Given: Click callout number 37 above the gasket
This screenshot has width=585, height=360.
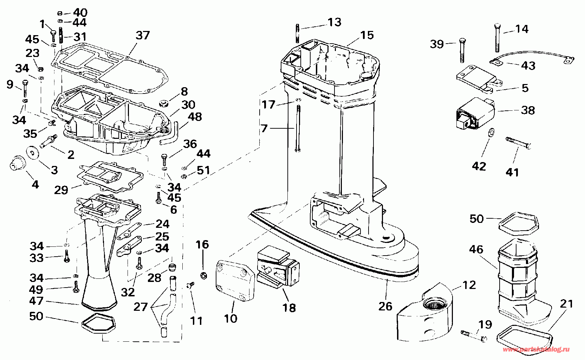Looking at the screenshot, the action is pos(143,35).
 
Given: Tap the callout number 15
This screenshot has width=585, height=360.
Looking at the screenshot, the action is pos(367,35).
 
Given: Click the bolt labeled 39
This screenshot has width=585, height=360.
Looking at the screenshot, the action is pos(462,50).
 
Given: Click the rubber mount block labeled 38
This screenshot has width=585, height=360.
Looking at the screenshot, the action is pos(475,113).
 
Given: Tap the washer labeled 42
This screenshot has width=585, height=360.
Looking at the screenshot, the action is pos(491,132).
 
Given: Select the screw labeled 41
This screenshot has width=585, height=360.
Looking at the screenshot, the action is pos(518,143).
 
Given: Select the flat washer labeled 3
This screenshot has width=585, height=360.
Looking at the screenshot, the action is pos(32,152).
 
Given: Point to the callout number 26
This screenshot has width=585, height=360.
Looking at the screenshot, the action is pos(385,307).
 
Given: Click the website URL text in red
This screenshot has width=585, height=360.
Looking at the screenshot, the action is pos(536,349).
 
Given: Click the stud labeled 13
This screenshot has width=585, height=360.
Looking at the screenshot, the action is pos(298,33).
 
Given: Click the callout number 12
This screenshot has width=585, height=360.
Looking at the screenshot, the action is pos(469,285).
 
